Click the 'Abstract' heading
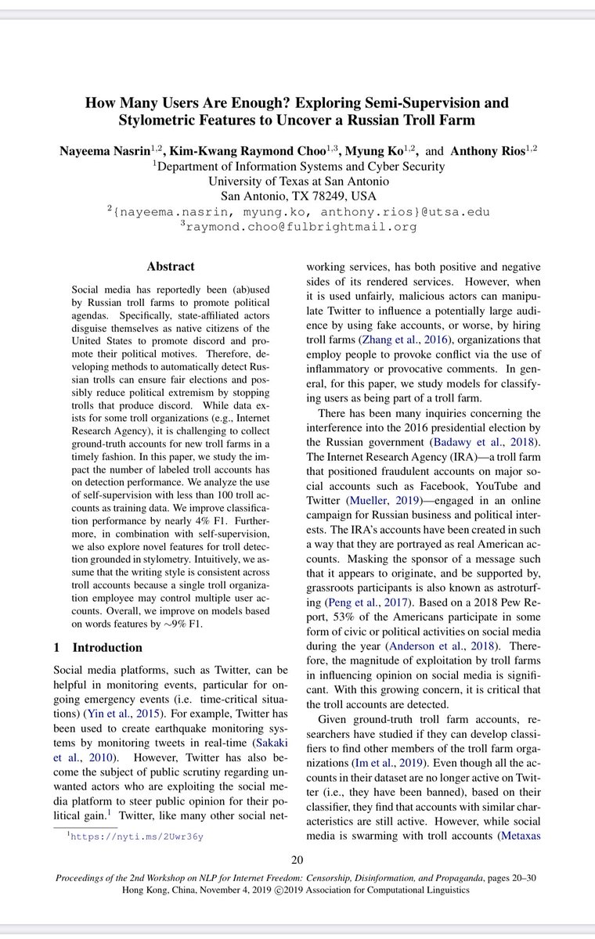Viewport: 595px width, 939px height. click(x=170, y=266)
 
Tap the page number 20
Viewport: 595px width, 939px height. click(x=297, y=860)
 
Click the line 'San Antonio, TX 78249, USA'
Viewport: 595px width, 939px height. click(x=298, y=196)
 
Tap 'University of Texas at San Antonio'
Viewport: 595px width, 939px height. click(x=298, y=181)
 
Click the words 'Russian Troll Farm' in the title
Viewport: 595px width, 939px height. click(x=412, y=120)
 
